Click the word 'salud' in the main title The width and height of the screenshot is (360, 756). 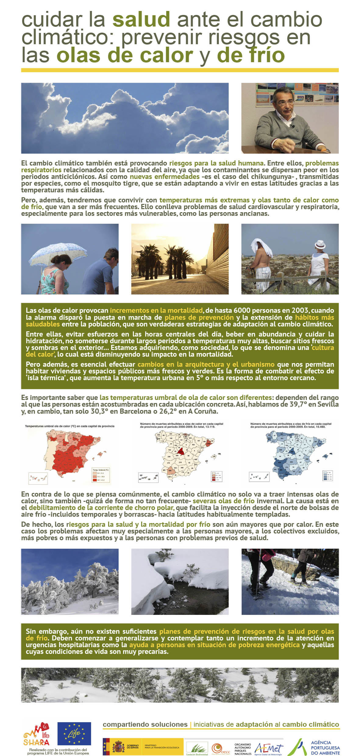141,19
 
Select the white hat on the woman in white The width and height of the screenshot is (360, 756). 320,244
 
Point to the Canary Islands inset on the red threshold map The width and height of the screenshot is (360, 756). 38,478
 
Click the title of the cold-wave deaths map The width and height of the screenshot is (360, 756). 290,425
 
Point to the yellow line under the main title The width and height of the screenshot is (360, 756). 180,70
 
